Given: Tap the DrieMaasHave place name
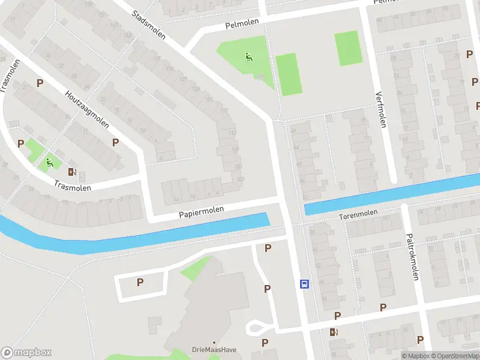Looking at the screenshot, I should click(214, 350).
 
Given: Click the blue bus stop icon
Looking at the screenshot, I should click(304, 284).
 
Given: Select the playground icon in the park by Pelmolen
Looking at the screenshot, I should click(249, 58).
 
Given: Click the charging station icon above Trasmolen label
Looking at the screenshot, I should click(73, 172).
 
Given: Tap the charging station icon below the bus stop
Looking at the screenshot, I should click(334, 332).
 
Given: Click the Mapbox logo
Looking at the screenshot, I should click(26, 353).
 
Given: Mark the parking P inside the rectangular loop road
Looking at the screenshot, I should click(140, 282).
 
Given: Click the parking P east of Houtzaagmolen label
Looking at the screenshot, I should click(115, 142).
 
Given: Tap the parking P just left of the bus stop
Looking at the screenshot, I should click(267, 289).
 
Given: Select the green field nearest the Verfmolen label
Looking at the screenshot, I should click(348, 49).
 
